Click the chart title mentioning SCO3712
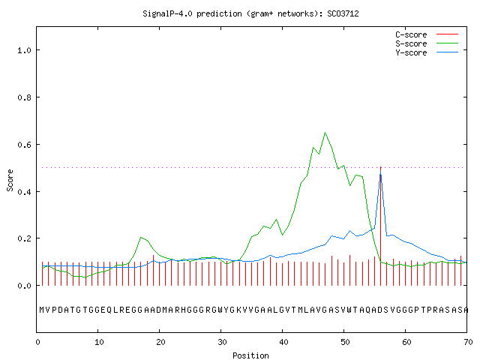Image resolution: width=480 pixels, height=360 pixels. tap(250, 13)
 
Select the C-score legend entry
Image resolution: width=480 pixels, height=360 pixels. tap(427, 34)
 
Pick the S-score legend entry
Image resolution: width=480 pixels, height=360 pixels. tap(427, 43)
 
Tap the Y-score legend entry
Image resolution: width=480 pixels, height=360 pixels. tap(427, 52)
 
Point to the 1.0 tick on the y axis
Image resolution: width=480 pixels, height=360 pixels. tap(24, 50)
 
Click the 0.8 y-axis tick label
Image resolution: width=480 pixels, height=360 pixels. tap(24, 97)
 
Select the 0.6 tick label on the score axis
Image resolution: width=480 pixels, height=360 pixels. tap(24, 145)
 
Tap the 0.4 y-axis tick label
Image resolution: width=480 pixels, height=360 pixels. tap(24, 192)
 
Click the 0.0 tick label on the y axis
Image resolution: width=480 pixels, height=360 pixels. tap(24, 286)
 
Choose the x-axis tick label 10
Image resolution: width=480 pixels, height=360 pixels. tap(99, 342)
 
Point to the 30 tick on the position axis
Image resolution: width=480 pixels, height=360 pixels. tap(222, 342)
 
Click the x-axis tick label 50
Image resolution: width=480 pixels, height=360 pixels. tap(345, 342)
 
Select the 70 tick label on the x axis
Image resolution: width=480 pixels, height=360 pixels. tap(468, 342)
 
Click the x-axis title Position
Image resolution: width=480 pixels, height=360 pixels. tap(250, 355)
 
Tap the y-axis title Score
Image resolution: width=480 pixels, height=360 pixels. tap(10, 180)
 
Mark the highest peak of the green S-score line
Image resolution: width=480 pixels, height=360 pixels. tap(325, 133)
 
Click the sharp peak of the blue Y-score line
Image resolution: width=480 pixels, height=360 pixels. tap(380, 172)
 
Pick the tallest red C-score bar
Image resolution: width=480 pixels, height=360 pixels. tap(380, 226)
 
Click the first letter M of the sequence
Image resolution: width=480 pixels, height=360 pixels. tap(42, 310)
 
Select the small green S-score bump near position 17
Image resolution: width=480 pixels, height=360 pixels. tap(141, 237)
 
